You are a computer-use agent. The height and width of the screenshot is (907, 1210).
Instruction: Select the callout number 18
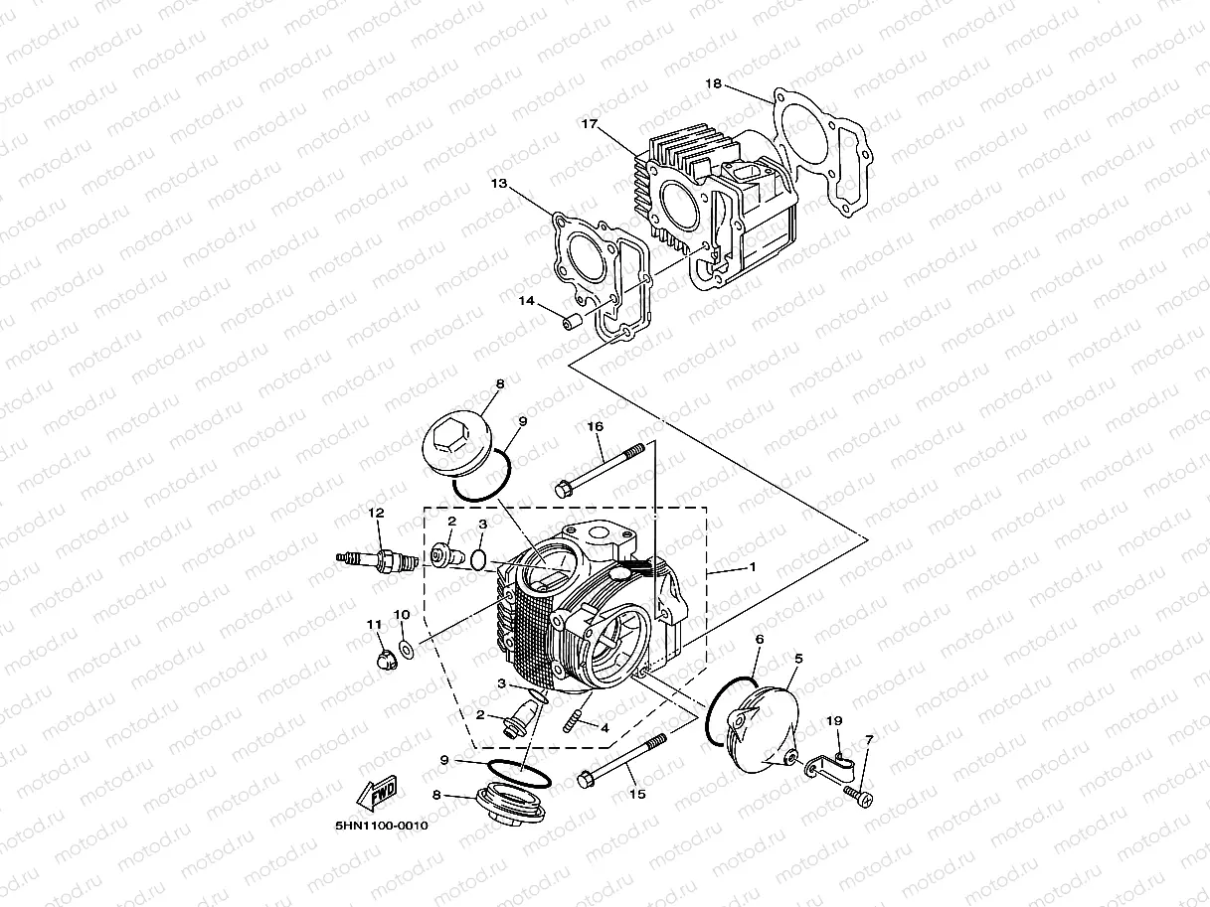point(713,83)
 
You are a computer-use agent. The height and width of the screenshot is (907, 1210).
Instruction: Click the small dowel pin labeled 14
point(572,322)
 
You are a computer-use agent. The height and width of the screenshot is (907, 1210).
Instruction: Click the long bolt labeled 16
point(605,466)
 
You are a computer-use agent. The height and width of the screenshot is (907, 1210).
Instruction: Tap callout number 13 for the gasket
point(498,184)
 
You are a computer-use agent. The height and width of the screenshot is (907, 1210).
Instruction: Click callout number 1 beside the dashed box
point(753,567)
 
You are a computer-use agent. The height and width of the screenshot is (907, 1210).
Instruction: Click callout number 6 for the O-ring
point(759,641)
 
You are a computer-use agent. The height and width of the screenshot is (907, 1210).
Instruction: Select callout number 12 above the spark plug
point(376,514)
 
